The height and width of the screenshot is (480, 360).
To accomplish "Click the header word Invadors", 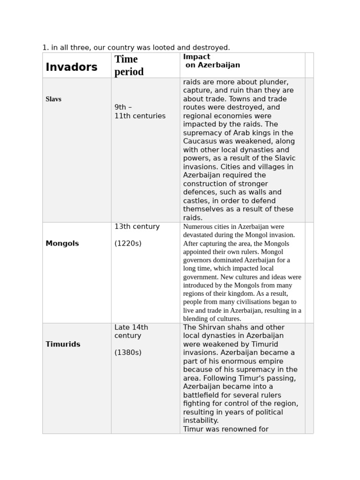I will [71, 67].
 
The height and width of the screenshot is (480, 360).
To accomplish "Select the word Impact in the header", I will [196, 57].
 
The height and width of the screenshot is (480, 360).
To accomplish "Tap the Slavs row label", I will [53, 99].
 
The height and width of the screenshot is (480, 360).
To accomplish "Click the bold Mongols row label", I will [62, 243].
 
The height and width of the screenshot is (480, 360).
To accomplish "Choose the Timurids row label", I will [63, 344].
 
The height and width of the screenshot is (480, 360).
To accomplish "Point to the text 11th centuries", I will [140, 116].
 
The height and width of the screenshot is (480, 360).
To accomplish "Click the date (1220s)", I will [127, 243].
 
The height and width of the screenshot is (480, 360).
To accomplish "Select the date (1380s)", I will [127, 352].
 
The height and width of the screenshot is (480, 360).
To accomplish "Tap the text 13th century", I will [137, 226].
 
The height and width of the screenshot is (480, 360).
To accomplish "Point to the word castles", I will [196, 201].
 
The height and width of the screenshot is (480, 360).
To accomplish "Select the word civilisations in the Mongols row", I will [249, 302].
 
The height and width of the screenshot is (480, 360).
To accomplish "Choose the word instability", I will [201, 420].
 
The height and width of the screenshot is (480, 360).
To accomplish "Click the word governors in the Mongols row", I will [198, 260].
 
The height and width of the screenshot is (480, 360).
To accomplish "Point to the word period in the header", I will [129, 72].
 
